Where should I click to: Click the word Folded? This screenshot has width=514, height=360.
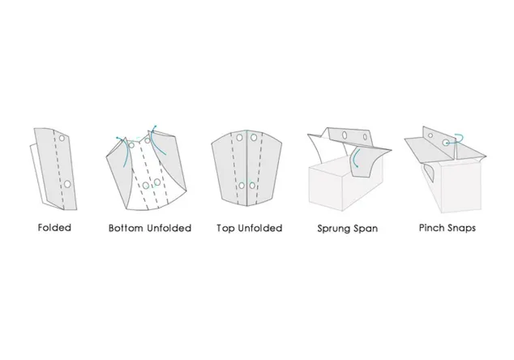[54, 228]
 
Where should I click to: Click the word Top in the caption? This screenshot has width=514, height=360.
[225, 229]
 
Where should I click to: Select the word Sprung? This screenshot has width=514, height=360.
[333, 229]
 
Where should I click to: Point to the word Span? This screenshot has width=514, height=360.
[365, 229]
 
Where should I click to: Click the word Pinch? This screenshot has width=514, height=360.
[430, 228]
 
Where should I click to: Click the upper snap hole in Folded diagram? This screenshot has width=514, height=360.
[62, 138]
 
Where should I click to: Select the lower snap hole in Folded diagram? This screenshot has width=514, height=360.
[67, 184]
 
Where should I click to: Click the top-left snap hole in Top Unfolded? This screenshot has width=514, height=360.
[239, 137]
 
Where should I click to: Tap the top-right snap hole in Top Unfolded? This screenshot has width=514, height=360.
[254, 137]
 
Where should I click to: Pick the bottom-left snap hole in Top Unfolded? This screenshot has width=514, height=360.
[242, 186]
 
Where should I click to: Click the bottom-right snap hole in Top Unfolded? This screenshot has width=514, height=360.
[252, 186]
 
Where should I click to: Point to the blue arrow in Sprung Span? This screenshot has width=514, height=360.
[353, 159]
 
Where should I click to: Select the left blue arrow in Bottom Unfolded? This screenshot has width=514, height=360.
[125, 150]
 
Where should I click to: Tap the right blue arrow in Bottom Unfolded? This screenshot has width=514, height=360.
[155, 141]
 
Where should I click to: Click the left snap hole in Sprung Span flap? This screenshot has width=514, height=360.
[345, 135]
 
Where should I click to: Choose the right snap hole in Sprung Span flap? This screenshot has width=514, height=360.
[365, 137]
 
